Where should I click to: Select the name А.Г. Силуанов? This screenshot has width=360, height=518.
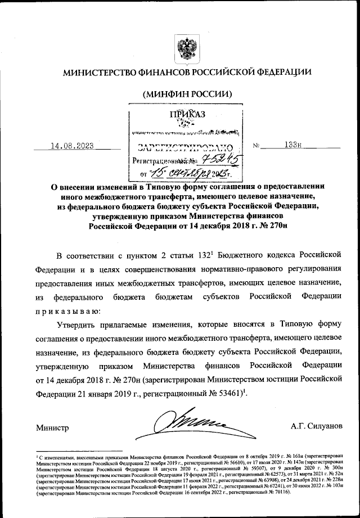point(316,427)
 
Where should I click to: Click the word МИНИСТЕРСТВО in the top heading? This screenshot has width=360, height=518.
point(103,73)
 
